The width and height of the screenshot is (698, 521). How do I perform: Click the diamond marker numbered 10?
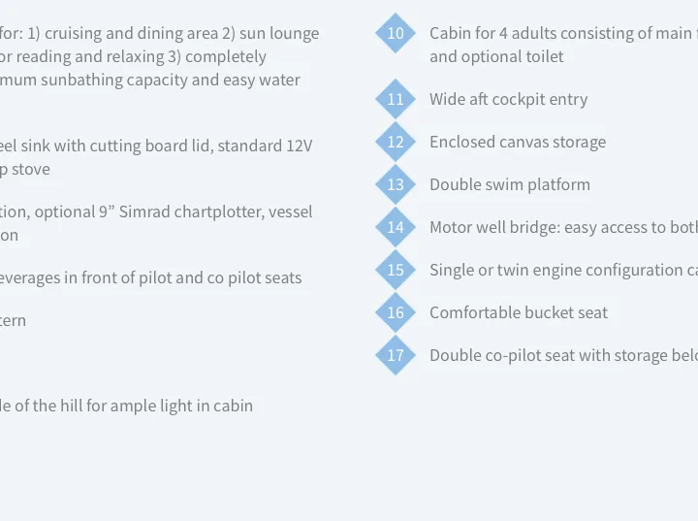pos(396,33)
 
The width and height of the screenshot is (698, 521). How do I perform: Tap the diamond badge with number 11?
pos(396,99)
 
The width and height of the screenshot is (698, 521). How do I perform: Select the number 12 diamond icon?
pos(396,142)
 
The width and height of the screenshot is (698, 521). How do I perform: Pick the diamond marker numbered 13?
pos(396,184)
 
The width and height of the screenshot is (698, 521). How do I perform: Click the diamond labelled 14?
pos(396,227)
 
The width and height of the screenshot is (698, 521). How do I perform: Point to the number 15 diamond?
pos(396,270)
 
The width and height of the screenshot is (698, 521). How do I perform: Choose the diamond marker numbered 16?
pos(396,312)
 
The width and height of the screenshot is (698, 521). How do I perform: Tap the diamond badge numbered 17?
pos(396,355)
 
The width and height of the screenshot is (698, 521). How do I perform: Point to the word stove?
pos(31,170)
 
